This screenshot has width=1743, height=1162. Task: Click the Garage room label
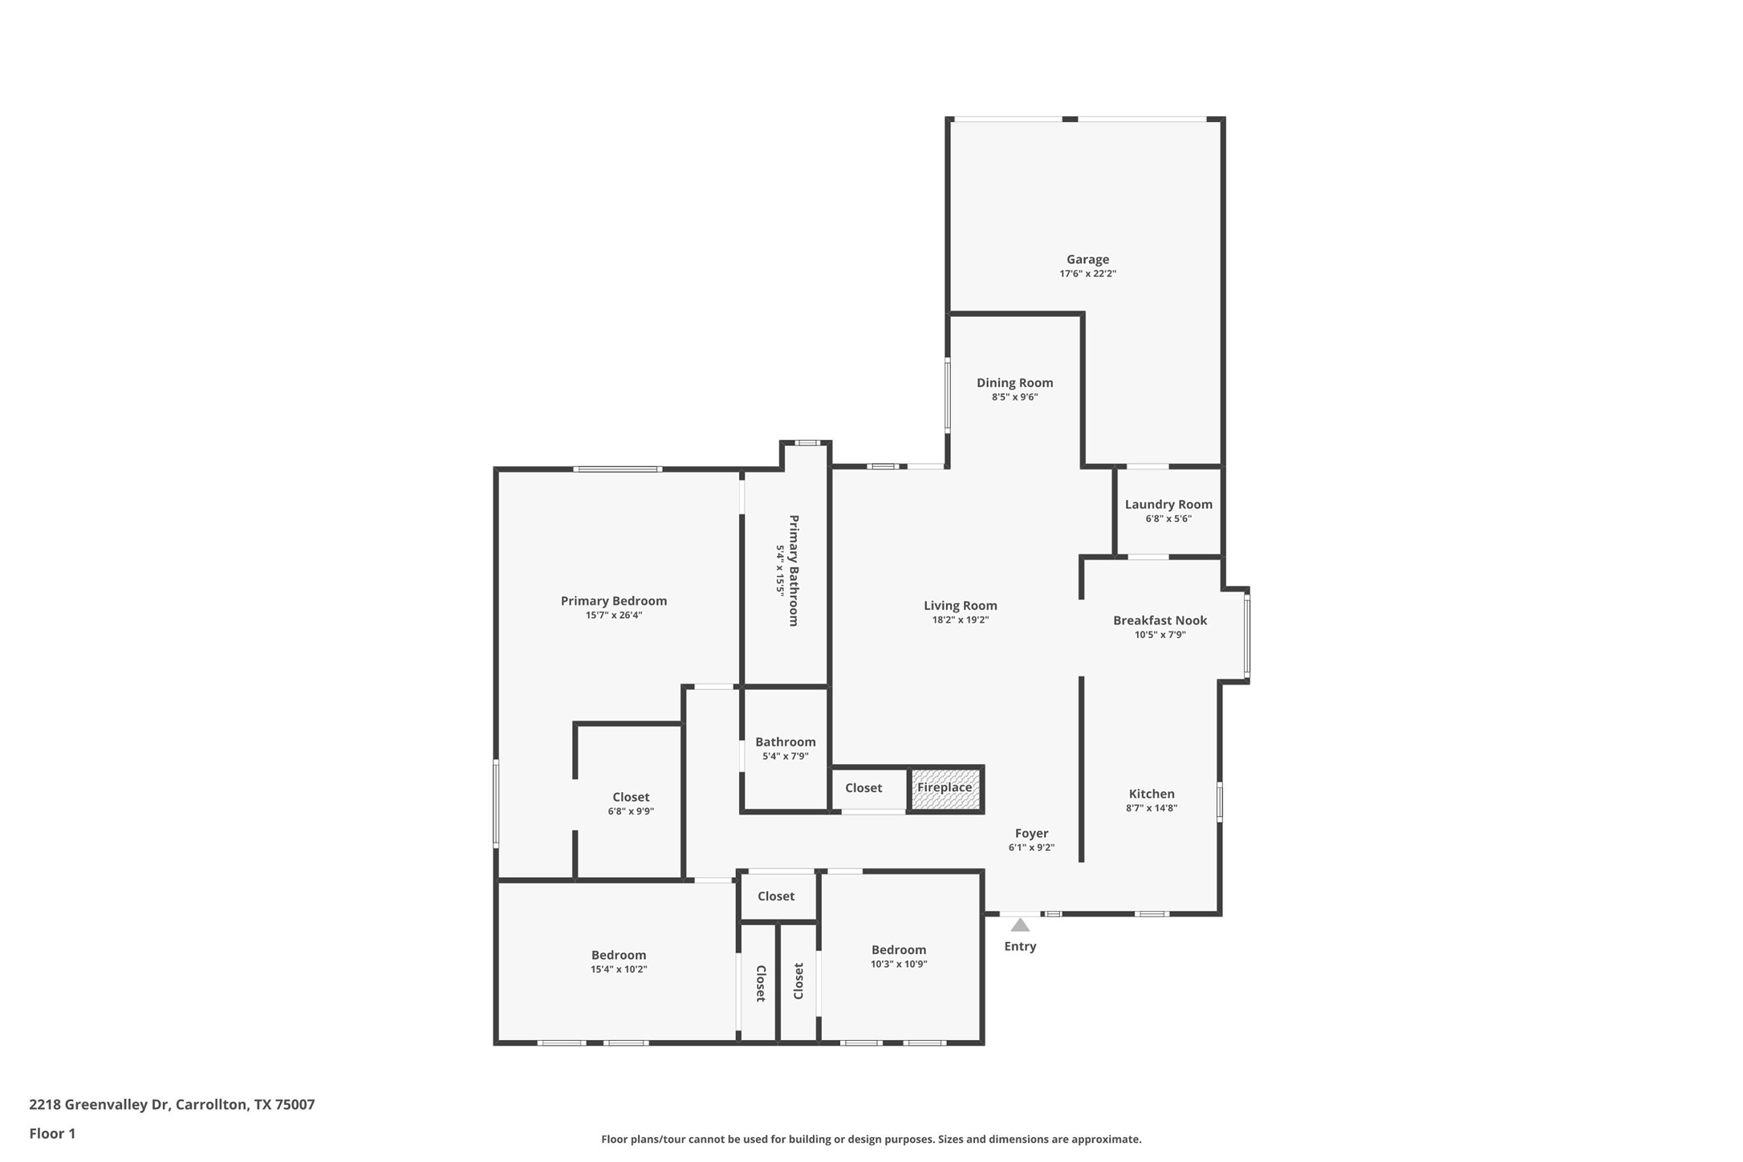coord(1087,259)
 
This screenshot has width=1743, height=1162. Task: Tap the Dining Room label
coord(1014,383)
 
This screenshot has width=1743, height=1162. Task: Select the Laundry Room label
coord(1168,504)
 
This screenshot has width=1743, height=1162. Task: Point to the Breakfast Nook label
coord(1160,620)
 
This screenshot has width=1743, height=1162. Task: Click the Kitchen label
coord(1152,794)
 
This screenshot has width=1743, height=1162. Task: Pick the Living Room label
coord(960,606)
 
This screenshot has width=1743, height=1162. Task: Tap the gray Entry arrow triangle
coord(1020,925)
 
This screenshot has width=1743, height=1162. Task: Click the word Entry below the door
coord(1020,946)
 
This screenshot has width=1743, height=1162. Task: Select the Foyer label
coord(1031,833)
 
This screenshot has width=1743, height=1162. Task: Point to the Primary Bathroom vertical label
coord(794,571)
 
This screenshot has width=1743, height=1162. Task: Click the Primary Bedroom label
coord(613,601)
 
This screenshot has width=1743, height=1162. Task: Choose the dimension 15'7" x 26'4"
coord(613,616)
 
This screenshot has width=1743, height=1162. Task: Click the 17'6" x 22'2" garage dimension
coord(1087,274)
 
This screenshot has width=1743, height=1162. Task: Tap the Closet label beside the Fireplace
coord(863,788)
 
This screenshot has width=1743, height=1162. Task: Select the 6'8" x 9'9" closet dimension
coord(631,811)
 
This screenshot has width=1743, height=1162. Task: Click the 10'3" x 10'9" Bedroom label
coord(899,950)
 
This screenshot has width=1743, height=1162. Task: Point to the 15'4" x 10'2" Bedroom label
coord(619,955)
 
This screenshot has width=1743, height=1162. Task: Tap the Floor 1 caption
coord(52,1134)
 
